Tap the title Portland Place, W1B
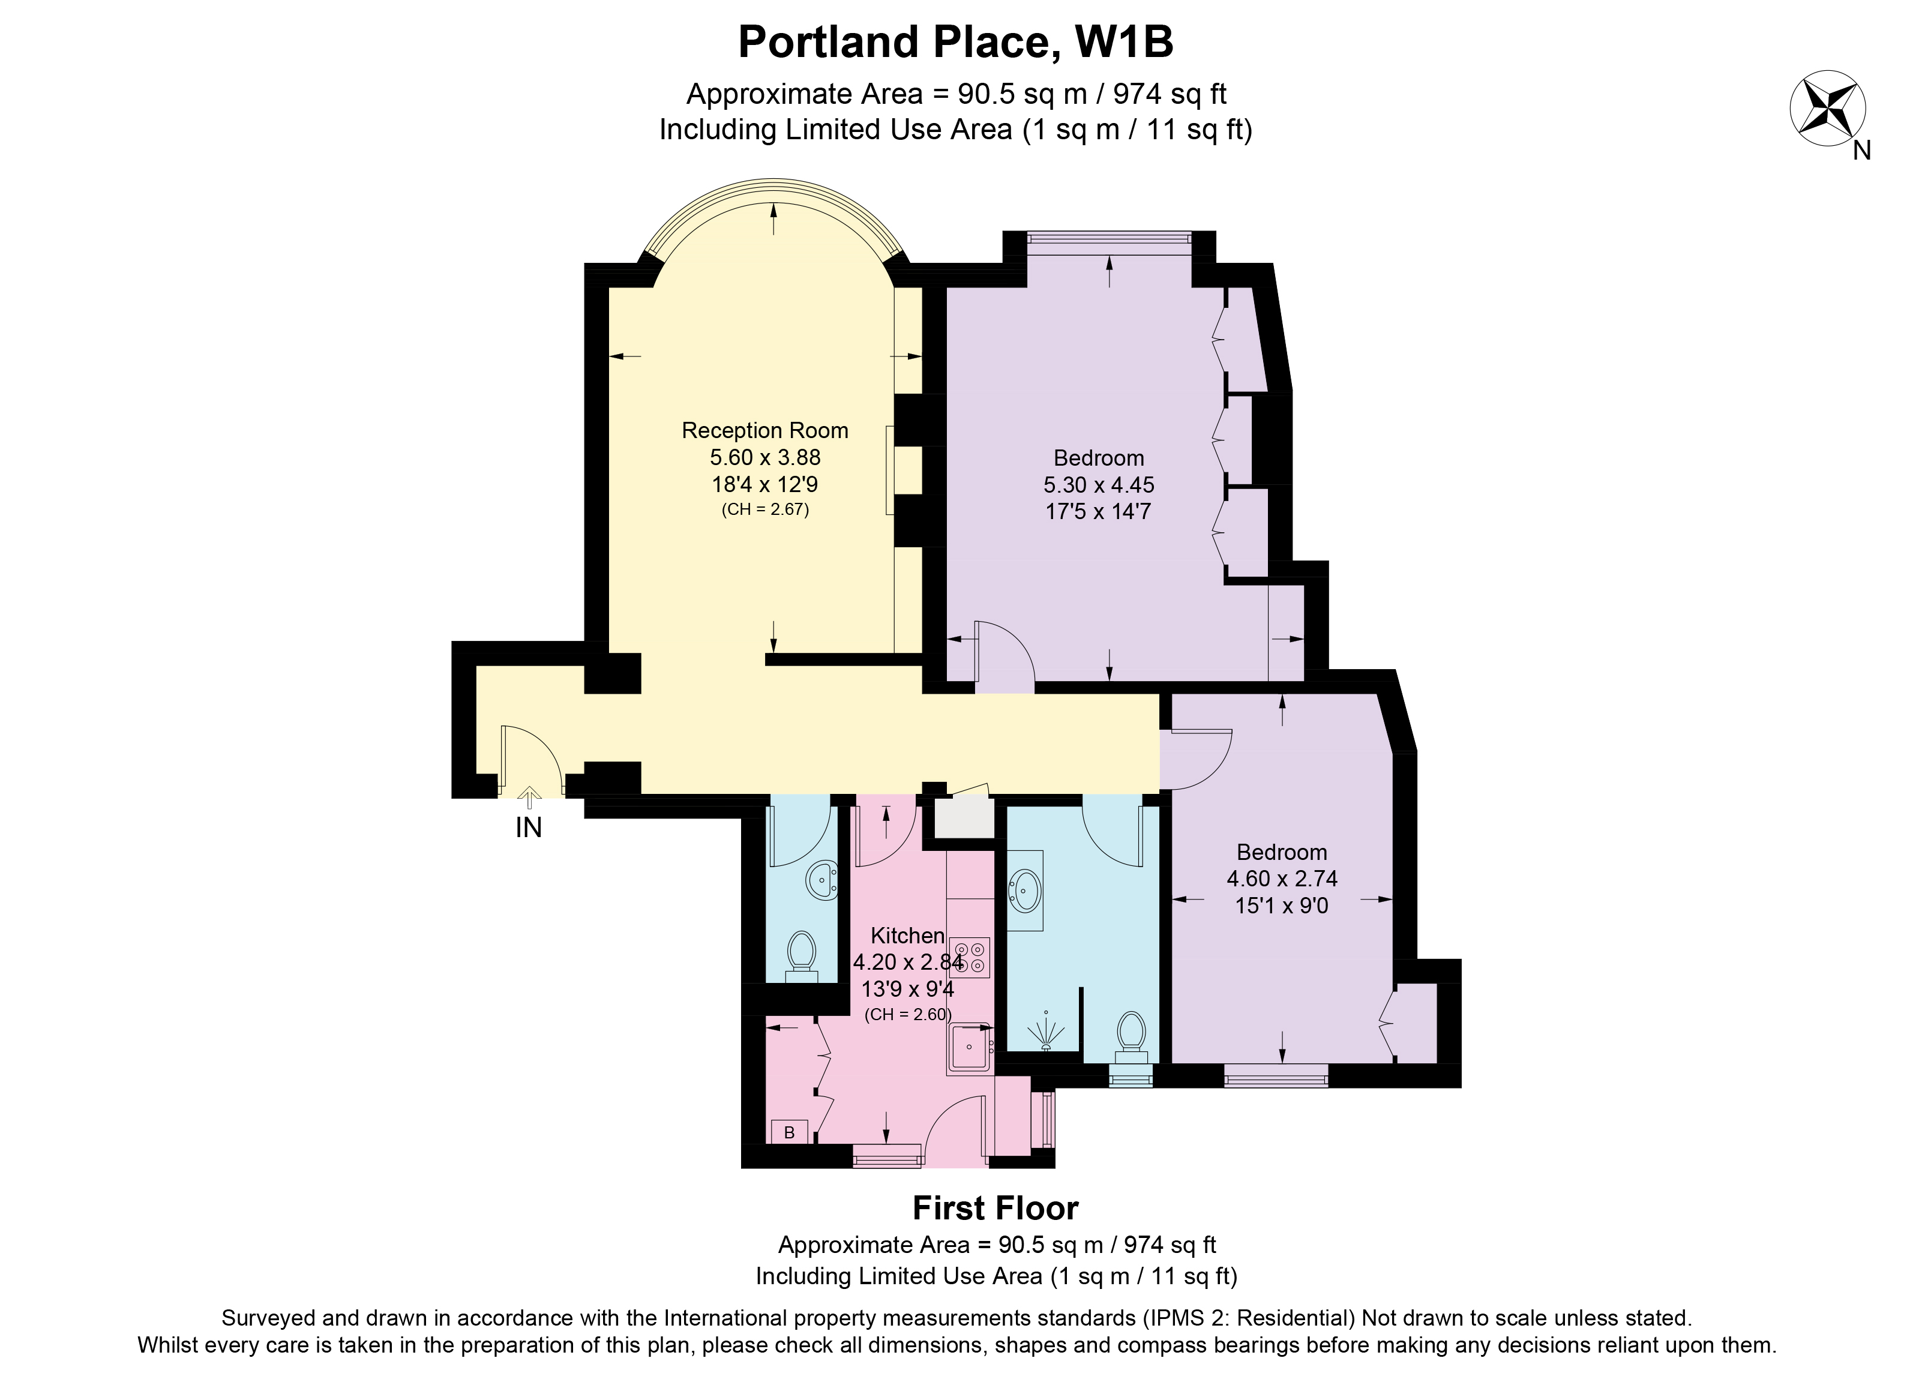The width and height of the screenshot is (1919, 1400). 956,43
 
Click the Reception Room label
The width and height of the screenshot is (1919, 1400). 765,430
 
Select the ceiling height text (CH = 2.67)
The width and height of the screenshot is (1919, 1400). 765,510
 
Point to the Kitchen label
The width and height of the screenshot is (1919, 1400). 907,936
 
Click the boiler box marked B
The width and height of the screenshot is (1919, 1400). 788,1132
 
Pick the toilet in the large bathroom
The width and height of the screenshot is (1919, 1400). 1131,1038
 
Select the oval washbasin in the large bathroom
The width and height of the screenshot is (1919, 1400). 1024,891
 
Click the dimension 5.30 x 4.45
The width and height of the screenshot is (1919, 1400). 1098,485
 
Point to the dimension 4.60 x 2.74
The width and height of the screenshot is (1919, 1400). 1282,879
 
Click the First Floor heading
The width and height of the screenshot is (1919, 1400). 996,1209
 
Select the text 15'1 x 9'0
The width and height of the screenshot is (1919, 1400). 1282,906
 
